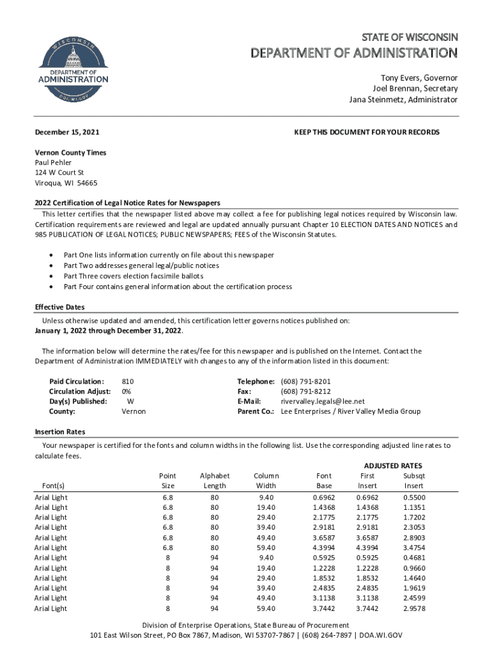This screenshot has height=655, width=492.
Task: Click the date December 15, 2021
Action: coord(66,132)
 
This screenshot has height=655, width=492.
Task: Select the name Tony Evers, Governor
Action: coord(415,77)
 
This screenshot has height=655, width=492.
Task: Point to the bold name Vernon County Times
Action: coord(70,153)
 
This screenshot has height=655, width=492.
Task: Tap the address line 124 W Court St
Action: coord(59,173)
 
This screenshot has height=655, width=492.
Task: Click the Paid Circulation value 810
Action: coord(128,381)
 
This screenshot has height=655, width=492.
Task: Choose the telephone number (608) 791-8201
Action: coord(306,381)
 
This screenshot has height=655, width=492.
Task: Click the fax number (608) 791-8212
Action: coord(306,391)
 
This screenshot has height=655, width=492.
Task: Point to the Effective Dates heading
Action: coord(59,307)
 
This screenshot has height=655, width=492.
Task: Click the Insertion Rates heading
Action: coord(59,432)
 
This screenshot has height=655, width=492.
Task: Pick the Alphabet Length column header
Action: coord(215,480)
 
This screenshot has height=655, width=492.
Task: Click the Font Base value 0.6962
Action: coord(324,497)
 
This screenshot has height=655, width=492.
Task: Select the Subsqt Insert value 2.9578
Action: coord(414,608)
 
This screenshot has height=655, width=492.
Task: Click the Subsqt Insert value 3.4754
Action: coord(414,548)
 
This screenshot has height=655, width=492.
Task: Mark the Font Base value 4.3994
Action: coord(324,548)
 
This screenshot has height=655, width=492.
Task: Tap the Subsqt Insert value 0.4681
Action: coord(414,558)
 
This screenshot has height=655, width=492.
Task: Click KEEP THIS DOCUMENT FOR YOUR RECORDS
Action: coord(367,132)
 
